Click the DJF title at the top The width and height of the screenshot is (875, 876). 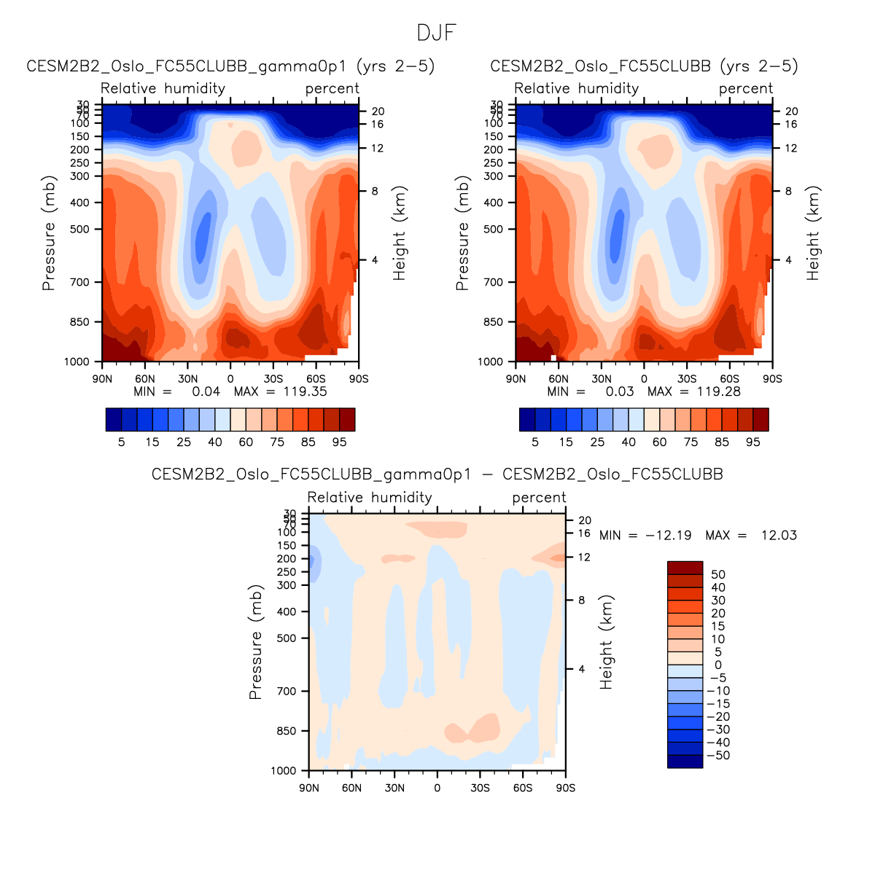[437, 33]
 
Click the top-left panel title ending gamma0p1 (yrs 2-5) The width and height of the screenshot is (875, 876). [230, 66]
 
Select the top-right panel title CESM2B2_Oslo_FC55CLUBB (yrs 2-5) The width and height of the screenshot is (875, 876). [644, 66]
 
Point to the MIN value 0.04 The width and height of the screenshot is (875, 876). [206, 391]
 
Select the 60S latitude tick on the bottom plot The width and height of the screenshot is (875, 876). [523, 789]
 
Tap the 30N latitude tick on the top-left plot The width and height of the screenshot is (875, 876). [187, 379]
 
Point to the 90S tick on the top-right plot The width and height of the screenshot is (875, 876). [772, 379]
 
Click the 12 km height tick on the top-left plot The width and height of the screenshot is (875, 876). [378, 149]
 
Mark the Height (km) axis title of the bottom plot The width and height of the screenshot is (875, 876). [607, 642]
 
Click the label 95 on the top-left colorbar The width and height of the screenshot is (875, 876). [339, 442]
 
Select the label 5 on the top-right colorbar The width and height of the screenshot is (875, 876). [535, 442]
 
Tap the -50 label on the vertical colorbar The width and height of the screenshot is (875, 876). [718, 756]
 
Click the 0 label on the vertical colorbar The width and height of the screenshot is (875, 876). [718, 665]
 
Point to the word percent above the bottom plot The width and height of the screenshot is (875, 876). [539, 498]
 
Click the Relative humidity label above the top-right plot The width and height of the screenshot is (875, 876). [577, 89]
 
